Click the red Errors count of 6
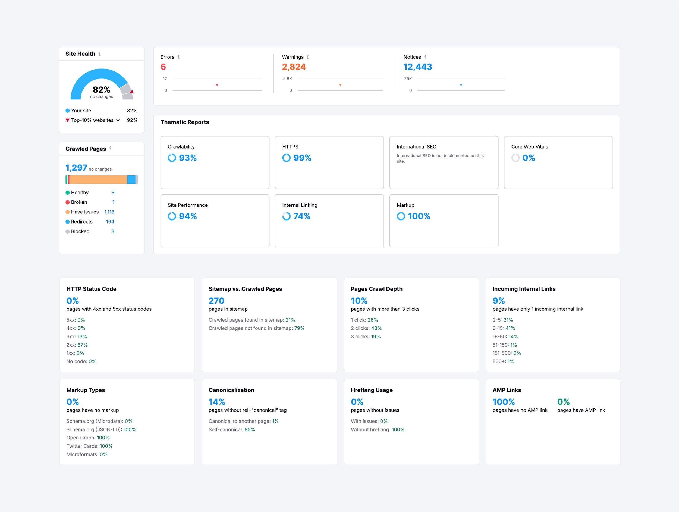(163, 67)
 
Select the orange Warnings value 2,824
(294, 67)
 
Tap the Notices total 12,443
(417, 67)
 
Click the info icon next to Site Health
(99, 54)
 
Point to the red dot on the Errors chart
(217, 85)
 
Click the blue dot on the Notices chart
(461, 85)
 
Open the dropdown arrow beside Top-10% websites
(118, 120)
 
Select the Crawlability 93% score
(188, 158)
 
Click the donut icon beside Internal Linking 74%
(286, 216)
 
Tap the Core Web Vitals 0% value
(529, 158)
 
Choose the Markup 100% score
(419, 216)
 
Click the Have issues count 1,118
(109, 212)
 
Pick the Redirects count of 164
(110, 222)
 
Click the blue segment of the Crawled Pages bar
(131, 180)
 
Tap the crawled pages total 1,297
(76, 168)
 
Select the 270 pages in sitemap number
(216, 301)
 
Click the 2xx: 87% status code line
(77, 345)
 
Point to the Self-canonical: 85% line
(232, 429)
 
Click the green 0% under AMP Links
(563, 402)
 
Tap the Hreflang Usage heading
(372, 390)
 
